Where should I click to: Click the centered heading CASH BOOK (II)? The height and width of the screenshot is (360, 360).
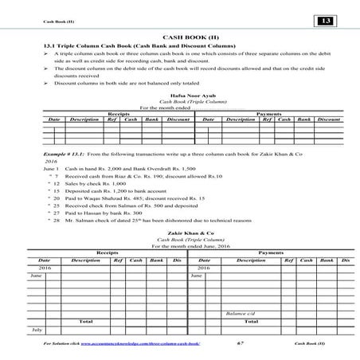tap(180, 37)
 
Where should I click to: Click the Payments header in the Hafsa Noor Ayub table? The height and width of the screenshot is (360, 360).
tap(270, 113)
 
